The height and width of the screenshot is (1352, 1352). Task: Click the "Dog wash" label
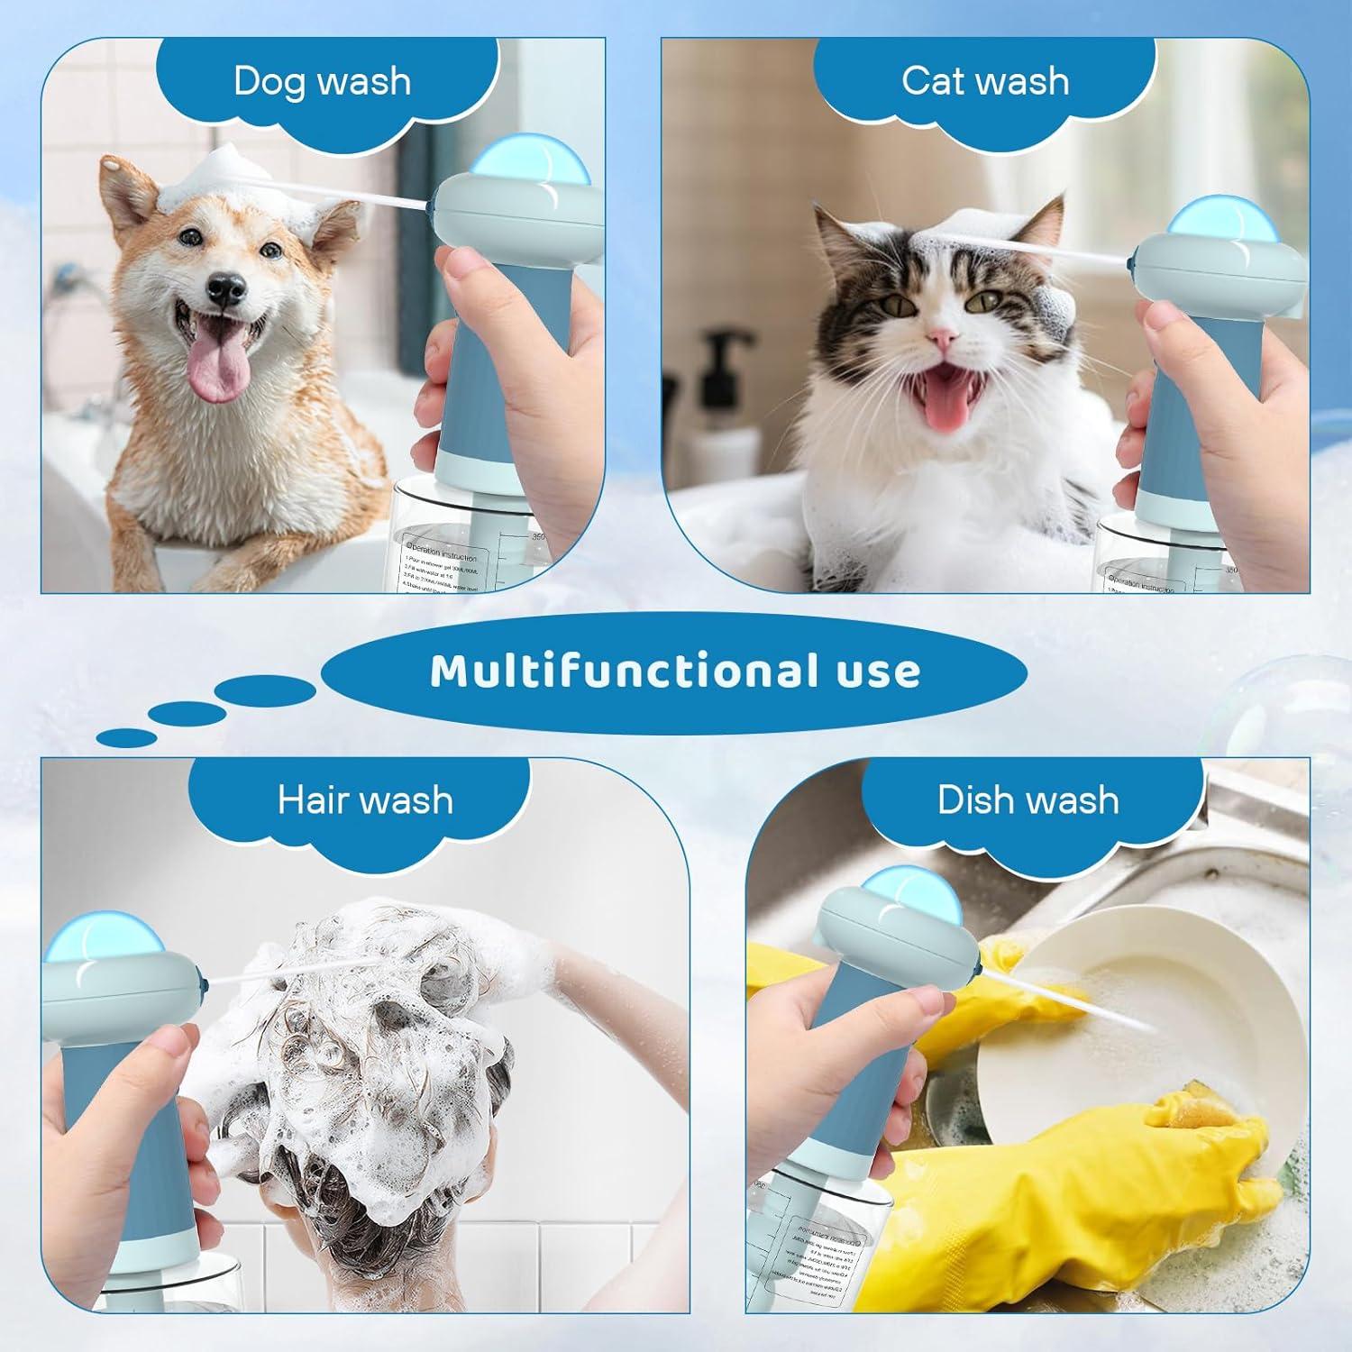tap(322, 81)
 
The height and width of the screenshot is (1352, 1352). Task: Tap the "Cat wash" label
tap(985, 81)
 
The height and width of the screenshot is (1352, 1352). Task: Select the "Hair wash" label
tap(365, 799)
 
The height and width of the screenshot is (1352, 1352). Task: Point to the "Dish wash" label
tap(1028, 799)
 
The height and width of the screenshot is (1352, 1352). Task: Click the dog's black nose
tap(225, 287)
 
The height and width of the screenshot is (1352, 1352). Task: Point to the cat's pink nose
tap(943, 338)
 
